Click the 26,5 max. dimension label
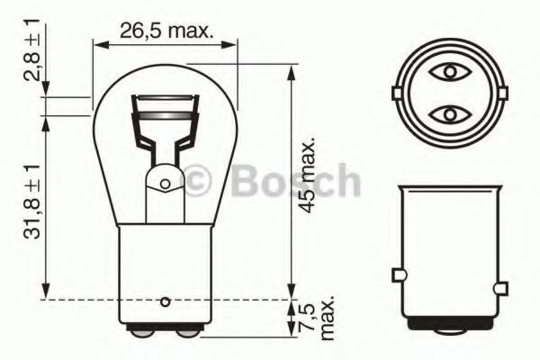point(166,31)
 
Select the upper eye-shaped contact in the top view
point(447,70)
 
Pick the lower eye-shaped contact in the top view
point(447,114)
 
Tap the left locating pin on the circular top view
point(398,93)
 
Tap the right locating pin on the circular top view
point(497,93)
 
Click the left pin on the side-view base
point(397,274)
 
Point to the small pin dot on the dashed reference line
point(165,301)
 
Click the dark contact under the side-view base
point(447,321)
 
